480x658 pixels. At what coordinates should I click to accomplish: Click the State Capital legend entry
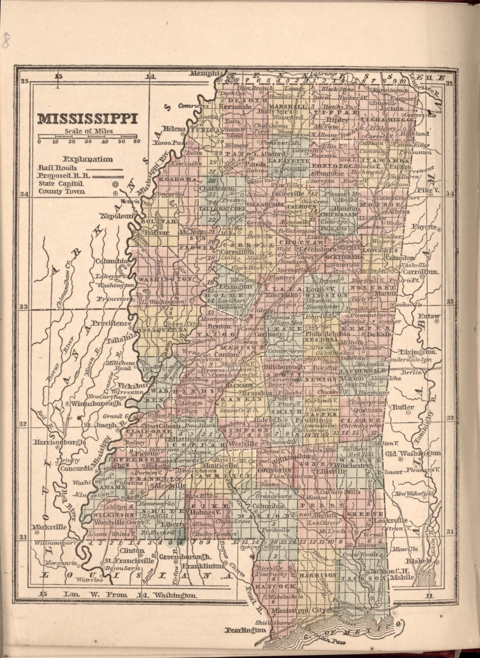[x=61, y=184]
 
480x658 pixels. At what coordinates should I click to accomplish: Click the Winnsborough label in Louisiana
[x=96, y=403]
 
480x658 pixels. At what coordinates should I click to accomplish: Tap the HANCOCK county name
[x=276, y=586]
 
